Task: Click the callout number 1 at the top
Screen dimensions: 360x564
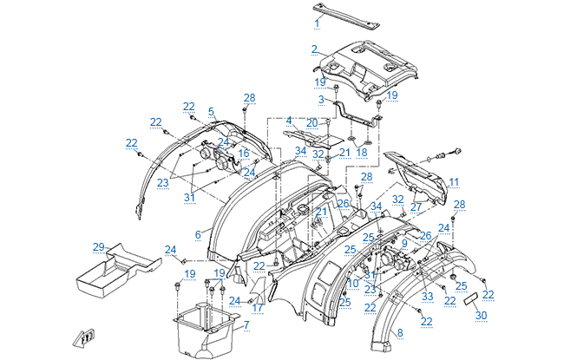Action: click(x=318, y=20)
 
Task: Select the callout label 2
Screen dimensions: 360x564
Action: click(x=314, y=49)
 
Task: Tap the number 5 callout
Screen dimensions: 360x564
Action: click(x=211, y=112)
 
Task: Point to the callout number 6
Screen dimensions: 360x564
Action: click(x=198, y=235)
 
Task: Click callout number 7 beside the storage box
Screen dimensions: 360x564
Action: click(x=246, y=324)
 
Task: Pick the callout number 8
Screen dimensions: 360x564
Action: click(x=400, y=332)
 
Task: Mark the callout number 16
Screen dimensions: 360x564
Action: click(x=244, y=154)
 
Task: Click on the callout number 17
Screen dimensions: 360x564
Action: click(x=258, y=307)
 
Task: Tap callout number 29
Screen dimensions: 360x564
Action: click(x=98, y=247)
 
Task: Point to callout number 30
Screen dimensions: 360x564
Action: click(x=481, y=316)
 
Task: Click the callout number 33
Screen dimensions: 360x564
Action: click(x=427, y=296)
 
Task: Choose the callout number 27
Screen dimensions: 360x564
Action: click(x=416, y=207)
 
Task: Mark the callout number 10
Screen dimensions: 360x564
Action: click(x=352, y=283)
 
